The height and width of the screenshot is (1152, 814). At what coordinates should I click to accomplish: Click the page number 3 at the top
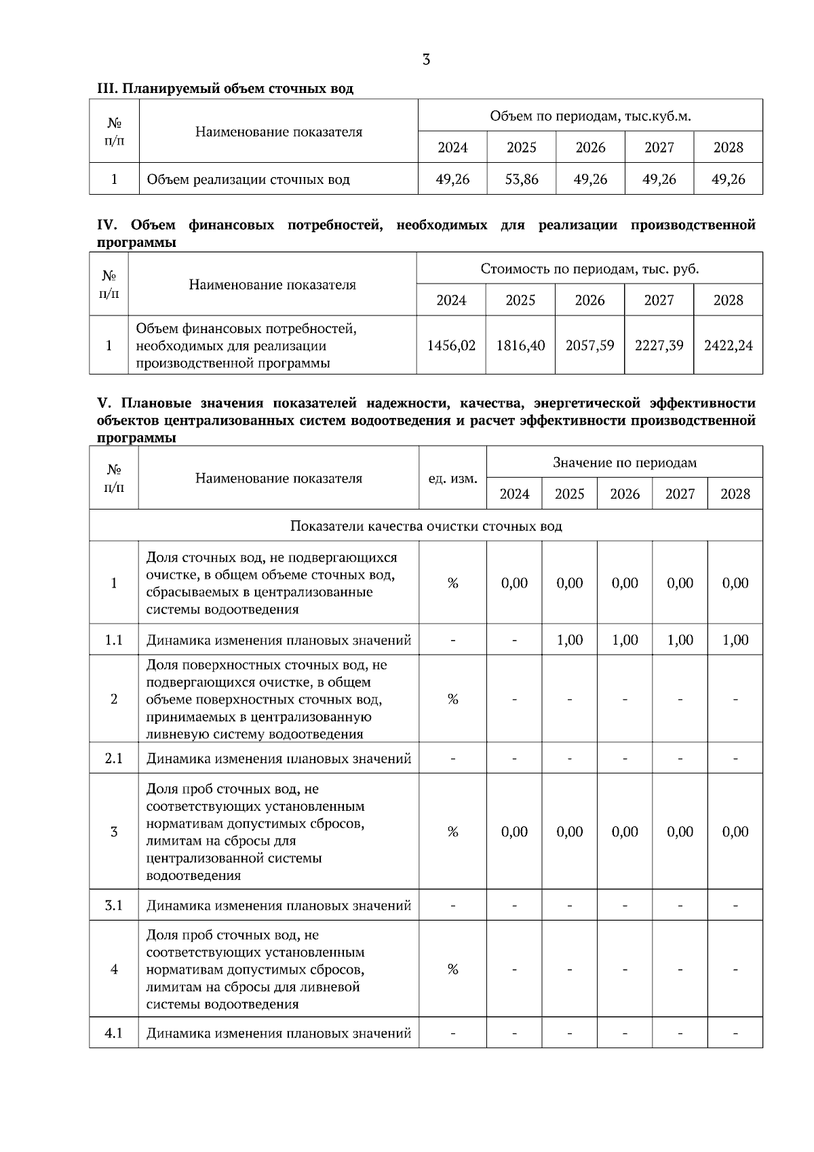tap(426, 60)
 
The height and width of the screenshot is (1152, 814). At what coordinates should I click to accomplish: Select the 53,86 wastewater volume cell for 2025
tap(521, 179)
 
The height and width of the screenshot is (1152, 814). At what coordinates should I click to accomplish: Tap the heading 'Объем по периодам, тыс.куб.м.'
tap(590, 116)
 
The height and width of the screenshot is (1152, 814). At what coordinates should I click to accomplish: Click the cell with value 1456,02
tap(451, 345)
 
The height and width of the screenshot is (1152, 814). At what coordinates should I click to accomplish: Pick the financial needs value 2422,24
tap(728, 345)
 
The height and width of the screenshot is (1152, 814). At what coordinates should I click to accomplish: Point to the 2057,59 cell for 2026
tap(589, 345)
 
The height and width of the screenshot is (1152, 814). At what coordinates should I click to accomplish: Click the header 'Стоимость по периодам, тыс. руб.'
tap(589, 269)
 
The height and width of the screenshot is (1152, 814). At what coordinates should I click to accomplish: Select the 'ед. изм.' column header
tap(452, 478)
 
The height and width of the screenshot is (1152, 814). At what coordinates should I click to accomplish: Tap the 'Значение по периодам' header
tap(624, 463)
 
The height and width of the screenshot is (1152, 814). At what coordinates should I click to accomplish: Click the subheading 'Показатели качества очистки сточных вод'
tap(426, 526)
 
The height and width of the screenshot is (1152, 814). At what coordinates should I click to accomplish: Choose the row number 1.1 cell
tap(114, 640)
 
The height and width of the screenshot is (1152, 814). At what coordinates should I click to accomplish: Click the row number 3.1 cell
tap(114, 905)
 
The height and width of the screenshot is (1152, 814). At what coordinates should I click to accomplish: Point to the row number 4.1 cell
tap(114, 1033)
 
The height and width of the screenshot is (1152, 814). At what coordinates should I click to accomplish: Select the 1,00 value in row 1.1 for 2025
tap(569, 640)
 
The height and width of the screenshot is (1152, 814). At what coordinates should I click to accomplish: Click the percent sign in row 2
tap(452, 699)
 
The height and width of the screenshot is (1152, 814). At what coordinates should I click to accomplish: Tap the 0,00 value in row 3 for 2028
tap(735, 832)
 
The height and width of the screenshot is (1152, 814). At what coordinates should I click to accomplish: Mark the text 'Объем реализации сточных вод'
tap(248, 180)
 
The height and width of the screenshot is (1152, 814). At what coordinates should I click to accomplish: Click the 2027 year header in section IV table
tap(659, 300)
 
